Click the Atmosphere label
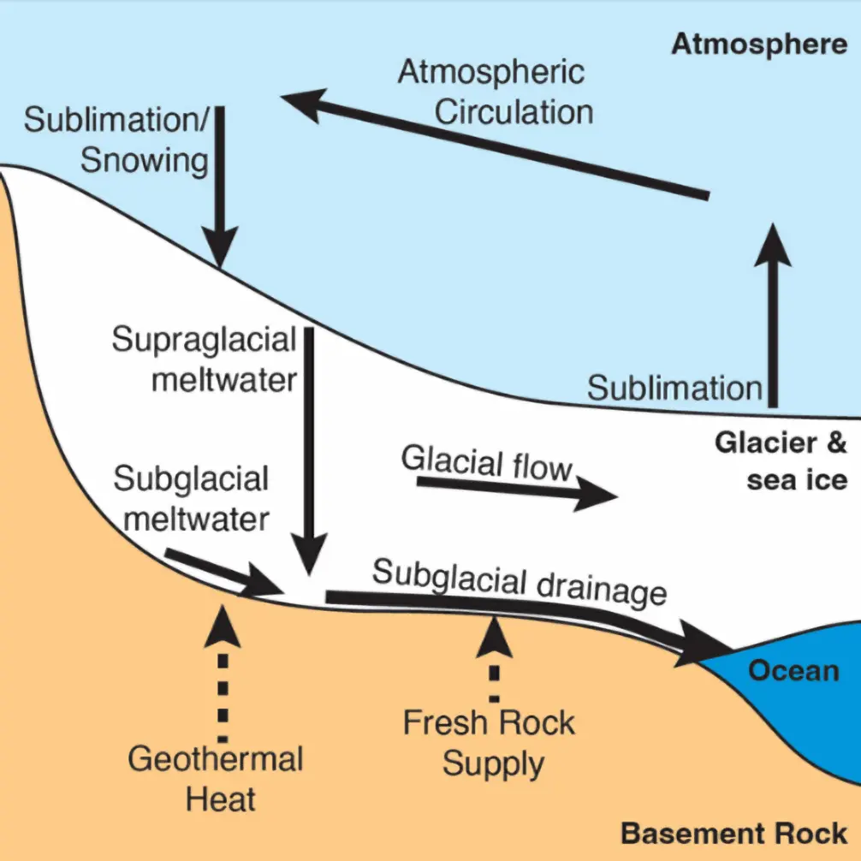758,44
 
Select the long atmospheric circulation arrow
496,145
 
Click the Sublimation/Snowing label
116,140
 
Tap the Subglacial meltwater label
190,499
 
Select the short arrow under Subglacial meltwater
223,573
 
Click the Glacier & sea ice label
780,460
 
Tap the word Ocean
793,670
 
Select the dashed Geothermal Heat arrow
225,672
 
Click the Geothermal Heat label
215,778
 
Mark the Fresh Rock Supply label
490,742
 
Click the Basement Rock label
733,832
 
